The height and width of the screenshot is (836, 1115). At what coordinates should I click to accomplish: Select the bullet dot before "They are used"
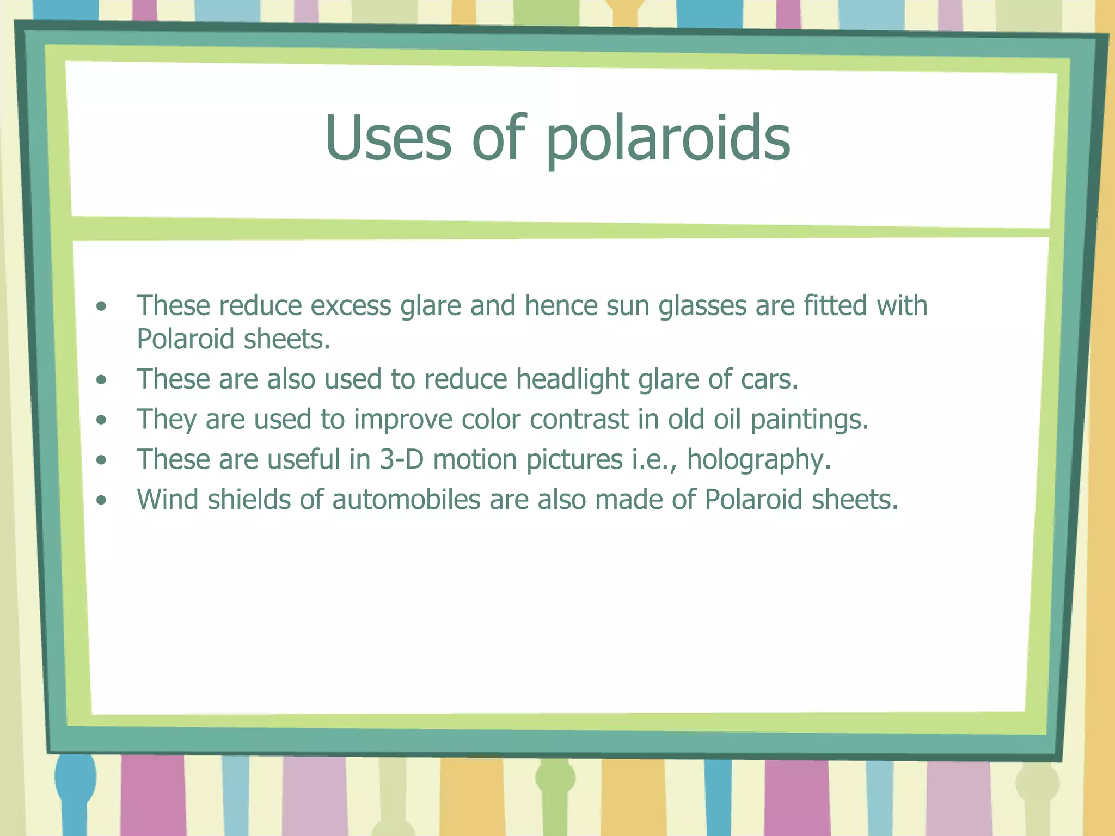coord(101,420)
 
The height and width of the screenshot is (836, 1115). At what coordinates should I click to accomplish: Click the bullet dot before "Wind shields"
coord(101,500)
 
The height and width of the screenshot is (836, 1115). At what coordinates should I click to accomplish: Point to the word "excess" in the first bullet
coord(351,306)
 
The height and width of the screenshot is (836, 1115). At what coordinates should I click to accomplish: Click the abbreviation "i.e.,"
coord(654,460)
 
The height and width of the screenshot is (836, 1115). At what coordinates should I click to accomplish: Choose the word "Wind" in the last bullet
coord(168,500)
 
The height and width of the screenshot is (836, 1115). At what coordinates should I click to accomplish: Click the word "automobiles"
coord(407,500)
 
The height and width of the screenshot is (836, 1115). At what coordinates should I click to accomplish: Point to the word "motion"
coord(475,459)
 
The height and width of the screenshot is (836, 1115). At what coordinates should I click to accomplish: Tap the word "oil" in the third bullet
coord(727,419)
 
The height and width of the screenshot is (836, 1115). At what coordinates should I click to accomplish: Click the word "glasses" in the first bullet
coord(702,306)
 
